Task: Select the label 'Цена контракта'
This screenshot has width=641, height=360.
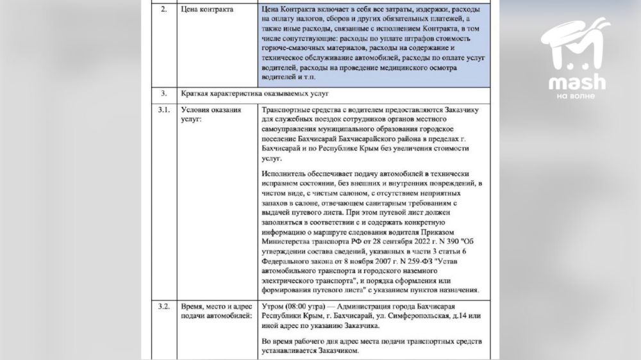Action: pos(206,10)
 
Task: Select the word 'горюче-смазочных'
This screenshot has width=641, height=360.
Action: pos(296,48)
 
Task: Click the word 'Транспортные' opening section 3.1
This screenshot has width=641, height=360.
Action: pos(288,110)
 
